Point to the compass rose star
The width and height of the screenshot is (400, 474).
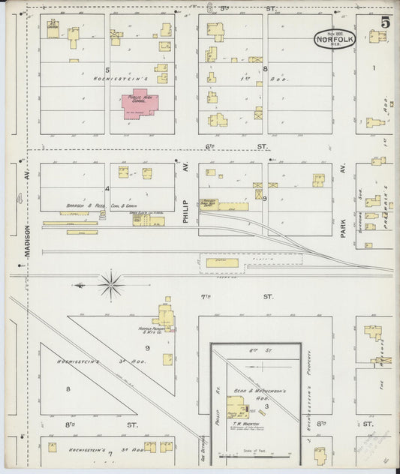(x=111, y=283)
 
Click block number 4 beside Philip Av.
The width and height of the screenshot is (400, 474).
(x=108, y=188)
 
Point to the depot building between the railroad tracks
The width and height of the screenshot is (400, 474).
(x=222, y=263)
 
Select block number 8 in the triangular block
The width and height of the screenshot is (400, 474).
(x=68, y=388)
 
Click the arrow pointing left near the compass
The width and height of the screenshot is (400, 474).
(x=78, y=284)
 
